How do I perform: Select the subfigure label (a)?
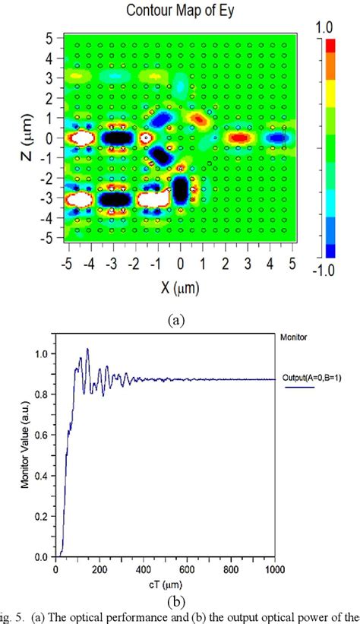click(176, 320)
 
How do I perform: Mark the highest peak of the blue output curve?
click(87, 350)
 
